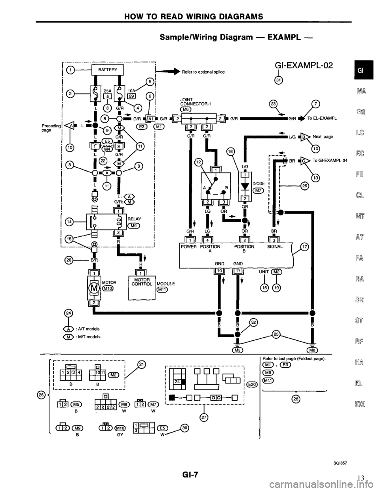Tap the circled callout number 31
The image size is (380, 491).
[279, 81]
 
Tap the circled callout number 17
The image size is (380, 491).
[305, 247]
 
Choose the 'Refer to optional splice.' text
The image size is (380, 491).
[203, 72]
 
